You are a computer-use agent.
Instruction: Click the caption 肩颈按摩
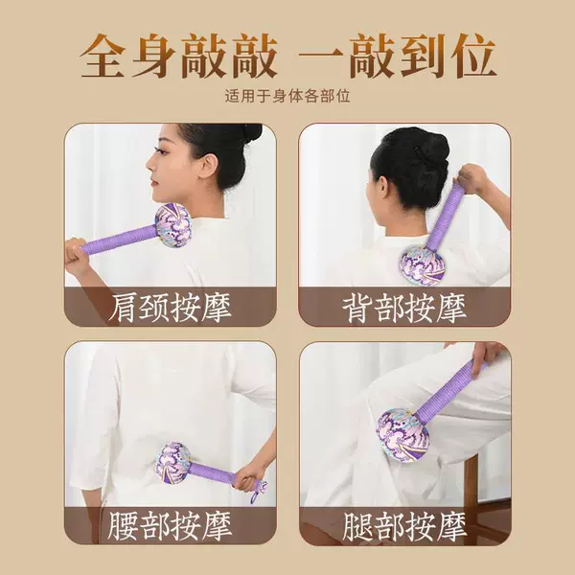pyautogui.click(x=171, y=308)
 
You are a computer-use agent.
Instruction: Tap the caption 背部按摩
pyautogui.click(x=404, y=308)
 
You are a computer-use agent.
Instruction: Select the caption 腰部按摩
pyautogui.click(x=171, y=526)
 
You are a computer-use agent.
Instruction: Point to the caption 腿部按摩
pyautogui.click(x=404, y=526)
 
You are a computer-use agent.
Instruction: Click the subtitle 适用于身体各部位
pyautogui.click(x=287, y=96)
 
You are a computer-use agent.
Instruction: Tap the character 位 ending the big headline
pyautogui.click(x=473, y=56)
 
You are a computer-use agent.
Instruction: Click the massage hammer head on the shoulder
pyautogui.click(x=172, y=225)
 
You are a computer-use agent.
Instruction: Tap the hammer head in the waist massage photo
pyautogui.click(x=173, y=463)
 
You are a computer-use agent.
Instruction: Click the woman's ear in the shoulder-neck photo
pyautogui.click(x=208, y=167)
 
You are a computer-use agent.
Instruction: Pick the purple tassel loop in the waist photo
pyautogui.click(x=258, y=492)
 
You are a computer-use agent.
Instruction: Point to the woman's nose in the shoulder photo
pyautogui.click(x=149, y=164)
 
